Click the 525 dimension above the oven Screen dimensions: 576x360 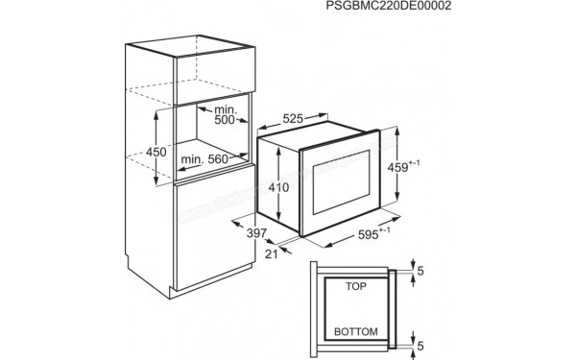tap(294, 119)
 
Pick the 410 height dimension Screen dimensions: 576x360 tap(275, 189)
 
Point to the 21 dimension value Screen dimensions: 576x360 tap(271, 254)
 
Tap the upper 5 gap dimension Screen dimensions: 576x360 tap(420, 272)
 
